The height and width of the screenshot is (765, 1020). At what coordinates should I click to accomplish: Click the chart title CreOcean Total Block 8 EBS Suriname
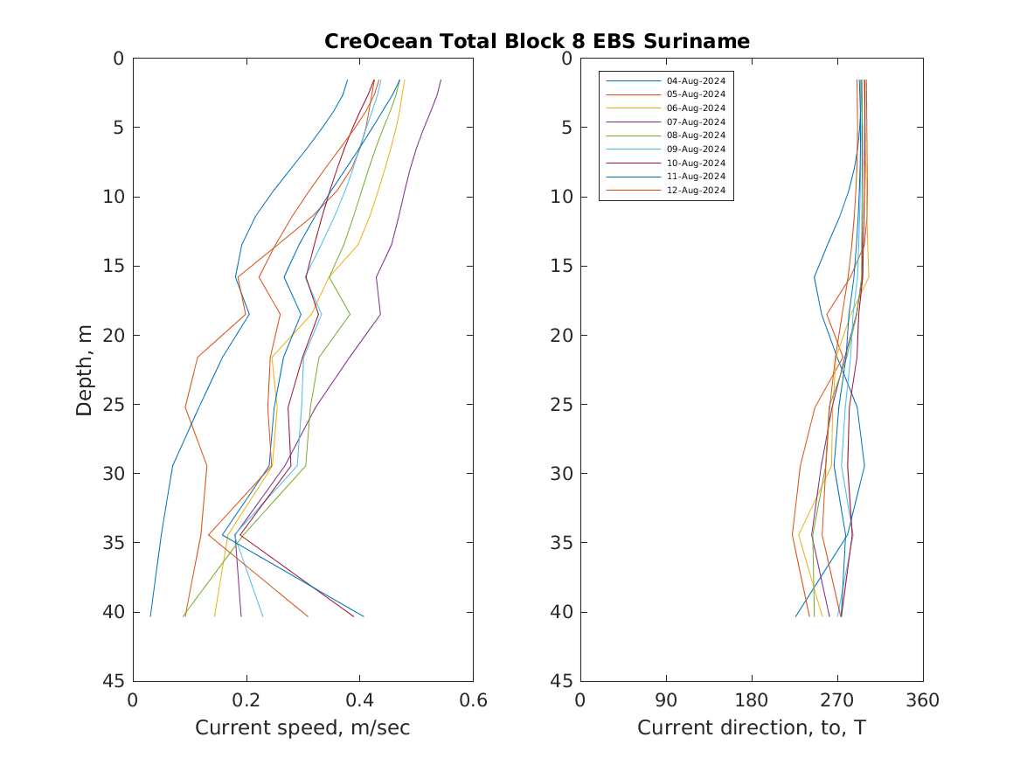click(x=537, y=41)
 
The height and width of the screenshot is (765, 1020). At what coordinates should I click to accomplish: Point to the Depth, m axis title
click(x=85, y=369)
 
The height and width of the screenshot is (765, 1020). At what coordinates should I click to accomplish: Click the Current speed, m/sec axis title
click(x=302, y=727)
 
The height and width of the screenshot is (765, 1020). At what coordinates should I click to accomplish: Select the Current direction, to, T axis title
click(x=752, y=727)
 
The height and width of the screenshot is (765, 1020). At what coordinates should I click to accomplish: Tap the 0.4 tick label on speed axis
click(x=359, y=700)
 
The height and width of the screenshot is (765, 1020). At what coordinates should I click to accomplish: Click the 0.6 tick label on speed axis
click(x=473, y=700)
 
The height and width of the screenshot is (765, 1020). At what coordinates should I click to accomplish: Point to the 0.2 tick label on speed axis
click(x=246, y=700)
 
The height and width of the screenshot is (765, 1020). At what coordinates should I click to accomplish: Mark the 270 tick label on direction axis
click(x=837, y=700)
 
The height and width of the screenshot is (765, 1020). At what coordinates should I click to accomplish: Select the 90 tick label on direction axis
click(x=666, y=700)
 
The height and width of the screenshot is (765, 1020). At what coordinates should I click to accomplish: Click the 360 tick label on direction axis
click(x=923, y=700)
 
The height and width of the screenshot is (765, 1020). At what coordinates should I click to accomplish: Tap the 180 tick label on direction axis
click(x=752, y=700)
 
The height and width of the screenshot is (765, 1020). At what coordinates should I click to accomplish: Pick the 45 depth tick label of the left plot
click(x=114, y=681)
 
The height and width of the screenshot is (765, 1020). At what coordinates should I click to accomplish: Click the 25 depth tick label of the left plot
click(x=114, y=405)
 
